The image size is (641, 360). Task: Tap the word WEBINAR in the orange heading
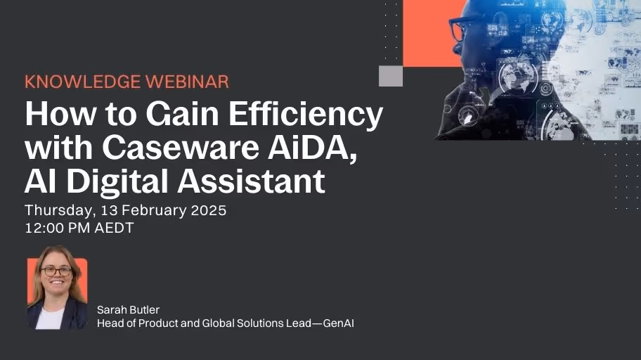click(x=187, y=82)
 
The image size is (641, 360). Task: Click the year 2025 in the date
click(x=207, y=211)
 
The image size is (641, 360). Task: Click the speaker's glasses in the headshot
click(x=56, y=271)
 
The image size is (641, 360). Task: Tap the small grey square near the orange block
click(x=390, y=75)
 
